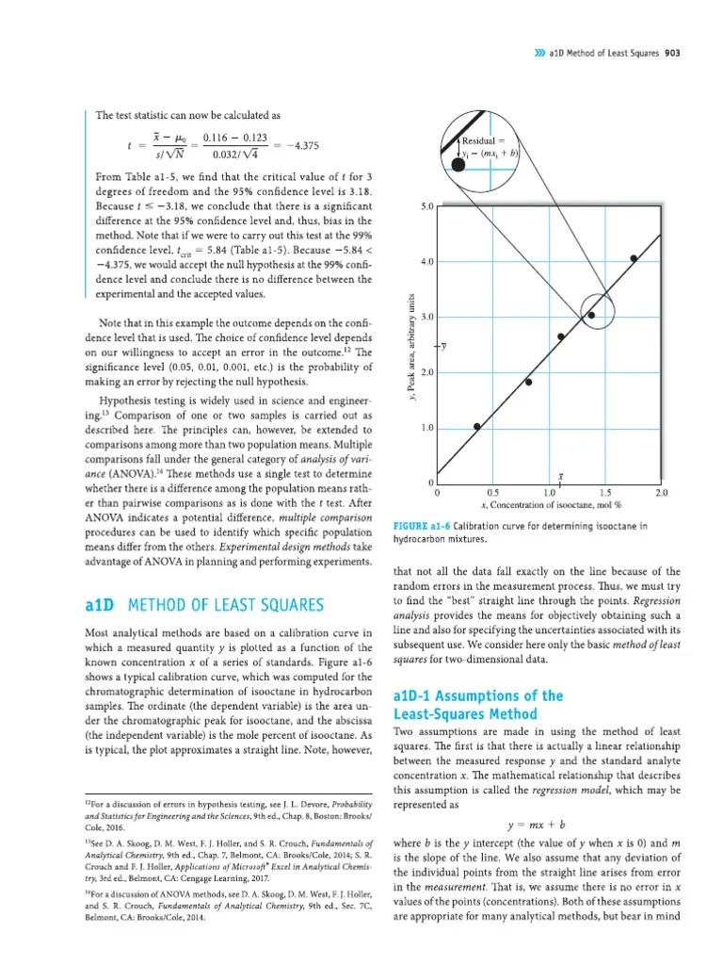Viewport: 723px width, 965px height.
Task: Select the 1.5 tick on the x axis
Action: (604, 492)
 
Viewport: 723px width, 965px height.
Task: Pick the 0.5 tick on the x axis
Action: (491, 492)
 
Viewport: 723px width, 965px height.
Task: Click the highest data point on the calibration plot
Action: (634, 258)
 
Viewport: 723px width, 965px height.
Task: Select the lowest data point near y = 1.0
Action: (476, 426)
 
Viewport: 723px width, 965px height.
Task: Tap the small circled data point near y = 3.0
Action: (591, 316)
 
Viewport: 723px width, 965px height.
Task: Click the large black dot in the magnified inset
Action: (458, 165)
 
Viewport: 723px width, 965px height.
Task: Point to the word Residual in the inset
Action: (481, 139)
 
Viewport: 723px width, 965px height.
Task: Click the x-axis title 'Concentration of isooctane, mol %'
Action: (547, 506)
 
